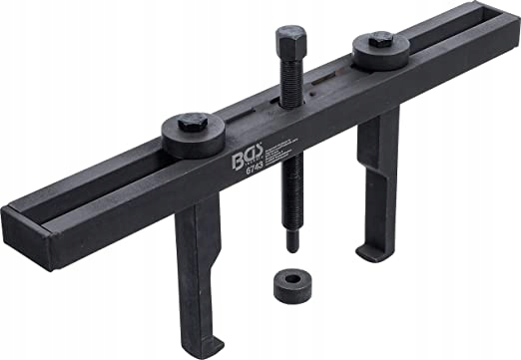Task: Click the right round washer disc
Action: click(381, 50)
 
